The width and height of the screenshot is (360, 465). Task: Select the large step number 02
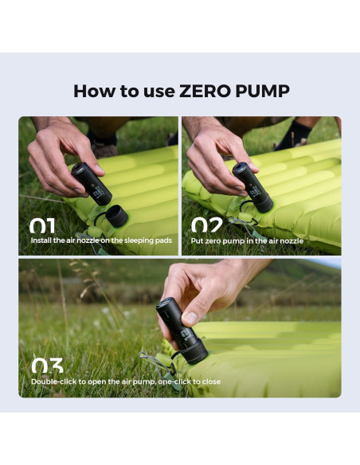(x=206, y=226)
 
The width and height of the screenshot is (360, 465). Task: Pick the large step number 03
(x=48, y=367)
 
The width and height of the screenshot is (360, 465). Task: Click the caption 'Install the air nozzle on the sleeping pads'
(x=100, y=240)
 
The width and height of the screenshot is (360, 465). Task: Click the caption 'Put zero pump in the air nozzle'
(x=247, y=240)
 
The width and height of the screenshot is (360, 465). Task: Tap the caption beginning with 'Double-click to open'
(x=126, y=381)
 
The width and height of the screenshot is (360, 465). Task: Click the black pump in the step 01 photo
(x=92, y=183)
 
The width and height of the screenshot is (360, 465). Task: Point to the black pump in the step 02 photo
(x=252, y=186)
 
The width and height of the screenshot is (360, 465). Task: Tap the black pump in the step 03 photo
(x=183, y=330)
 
